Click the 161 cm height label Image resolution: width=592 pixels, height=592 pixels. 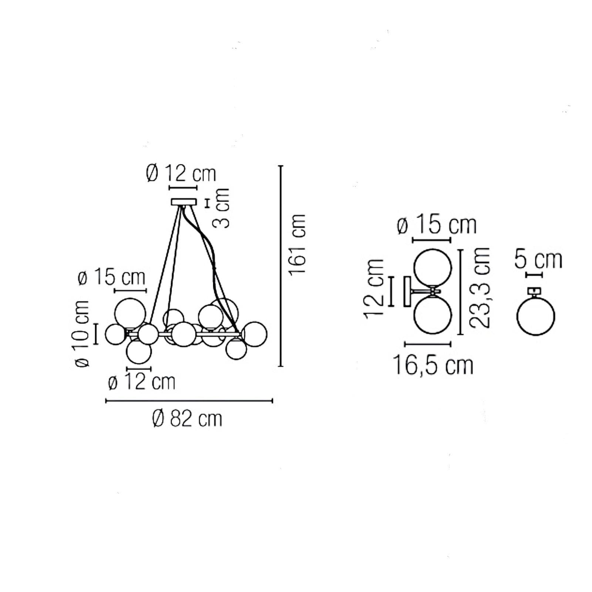click(x=297, y=245)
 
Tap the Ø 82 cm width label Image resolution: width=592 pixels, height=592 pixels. click(x=187, y=419)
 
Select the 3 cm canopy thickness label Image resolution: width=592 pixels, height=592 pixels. click(x=221, y=208)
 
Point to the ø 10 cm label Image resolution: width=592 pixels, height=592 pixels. click(x=82, y=334)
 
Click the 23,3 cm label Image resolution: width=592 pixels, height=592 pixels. click(x=480, y=287)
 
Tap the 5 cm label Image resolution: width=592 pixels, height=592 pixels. click(x=538, y=259)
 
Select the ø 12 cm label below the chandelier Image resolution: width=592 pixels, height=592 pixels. click(x=142, y=382)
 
